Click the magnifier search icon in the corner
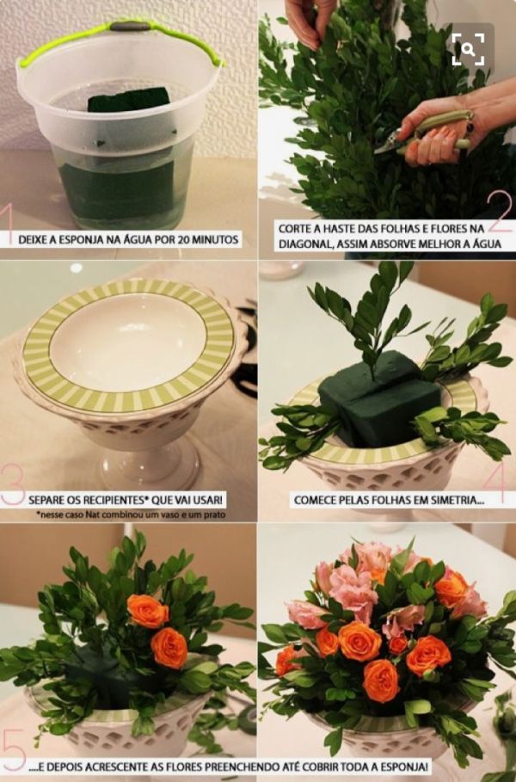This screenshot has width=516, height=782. [x=468, y=49]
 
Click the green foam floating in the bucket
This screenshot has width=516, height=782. [x=129, y=99]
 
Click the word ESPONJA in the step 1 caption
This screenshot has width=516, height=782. [x=81, y=240]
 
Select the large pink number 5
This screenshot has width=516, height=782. [x=13, y=750]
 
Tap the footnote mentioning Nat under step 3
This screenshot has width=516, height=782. [x=131, y=514]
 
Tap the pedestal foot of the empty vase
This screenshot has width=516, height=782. [x=150, y=469]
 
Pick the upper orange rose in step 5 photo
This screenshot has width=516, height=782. [x=148, y=611]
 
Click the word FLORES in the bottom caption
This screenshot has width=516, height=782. [x=185, y=766]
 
